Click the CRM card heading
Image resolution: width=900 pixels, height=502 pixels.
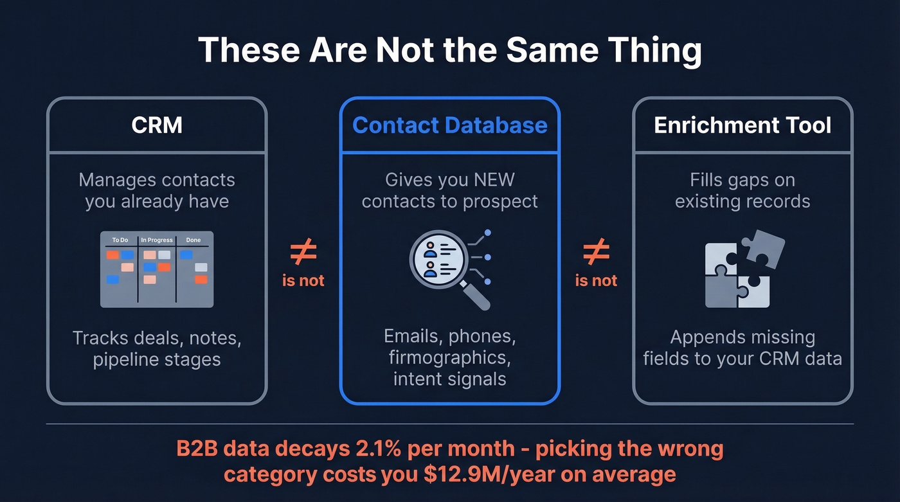[157, 125]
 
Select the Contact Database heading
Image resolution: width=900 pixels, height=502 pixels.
[450, 125]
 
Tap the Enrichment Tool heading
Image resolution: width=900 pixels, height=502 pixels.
[742, 125]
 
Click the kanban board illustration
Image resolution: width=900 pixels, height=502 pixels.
[157, 269]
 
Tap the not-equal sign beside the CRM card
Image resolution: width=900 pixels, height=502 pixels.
[303, 253]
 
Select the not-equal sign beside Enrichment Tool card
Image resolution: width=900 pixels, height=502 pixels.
[596, 253]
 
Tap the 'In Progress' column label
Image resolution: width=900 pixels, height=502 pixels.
[157, 240]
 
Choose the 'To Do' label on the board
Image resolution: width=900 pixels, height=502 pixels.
[120, 240]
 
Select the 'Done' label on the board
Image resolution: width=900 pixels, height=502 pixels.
[193, 240]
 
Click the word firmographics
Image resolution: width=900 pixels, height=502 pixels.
[450, 357]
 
